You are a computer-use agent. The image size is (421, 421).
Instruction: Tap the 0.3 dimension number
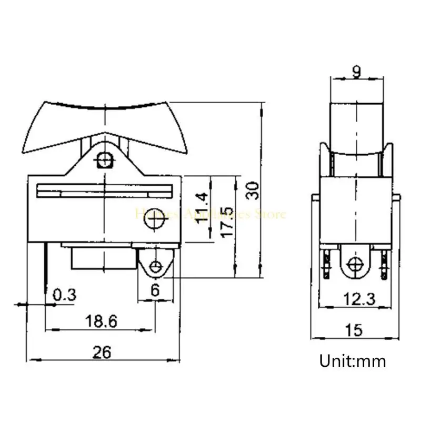coord(65,295)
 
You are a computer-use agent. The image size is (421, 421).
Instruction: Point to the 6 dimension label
coord(154,290)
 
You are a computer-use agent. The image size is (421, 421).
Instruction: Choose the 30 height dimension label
coord(253,191)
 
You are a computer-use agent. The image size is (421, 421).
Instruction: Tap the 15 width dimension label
coord(355,330)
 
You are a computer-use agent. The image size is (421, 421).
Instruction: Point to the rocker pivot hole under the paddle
coord(106,159)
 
